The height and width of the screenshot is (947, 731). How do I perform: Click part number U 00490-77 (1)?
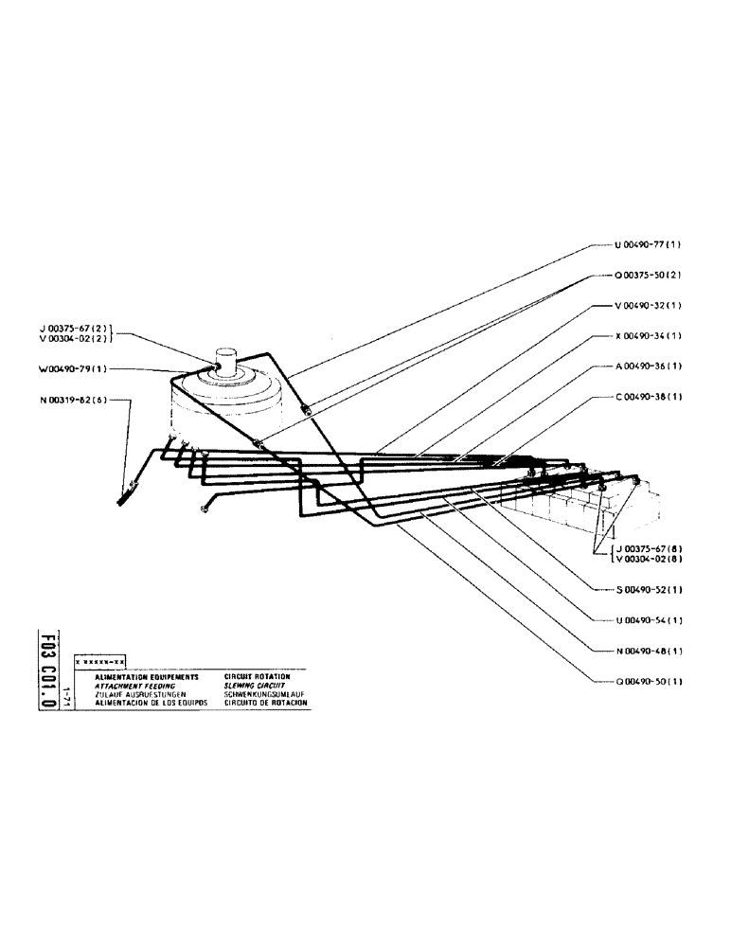[649, 244]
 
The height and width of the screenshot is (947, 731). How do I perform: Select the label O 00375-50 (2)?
[649, 275]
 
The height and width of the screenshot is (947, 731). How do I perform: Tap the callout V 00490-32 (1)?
[649, 306]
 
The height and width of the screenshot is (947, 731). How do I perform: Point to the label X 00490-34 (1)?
[649, 335]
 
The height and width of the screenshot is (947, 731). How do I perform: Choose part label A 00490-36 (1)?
[649, 366]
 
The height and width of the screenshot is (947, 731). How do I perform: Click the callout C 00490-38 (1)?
[649, 397]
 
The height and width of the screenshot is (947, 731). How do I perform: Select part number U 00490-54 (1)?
[649, 619]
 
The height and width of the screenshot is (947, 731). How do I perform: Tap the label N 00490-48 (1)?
[649, 651]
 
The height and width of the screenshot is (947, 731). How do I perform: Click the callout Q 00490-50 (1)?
[649, 681]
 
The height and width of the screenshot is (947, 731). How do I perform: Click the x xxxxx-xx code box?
[99, 660]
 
